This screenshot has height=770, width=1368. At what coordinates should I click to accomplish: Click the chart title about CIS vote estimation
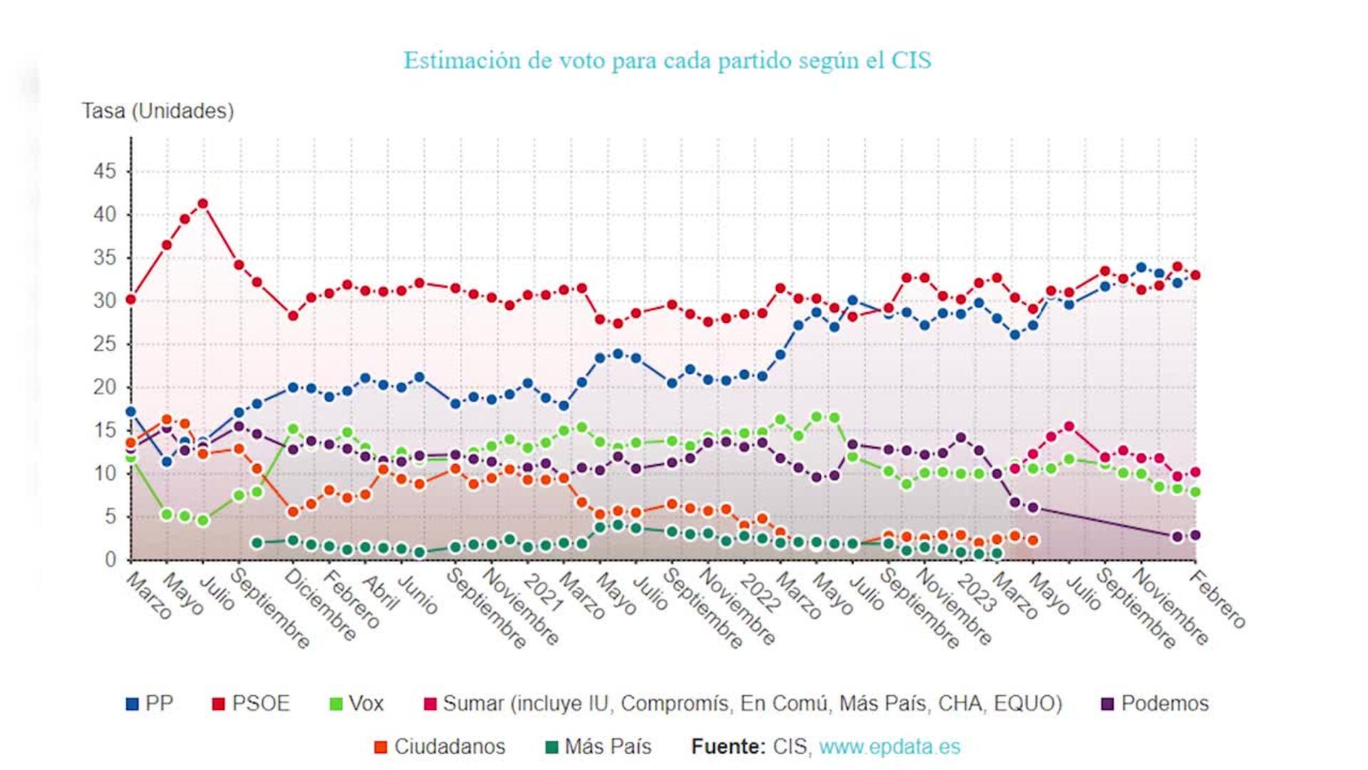click(667, 61)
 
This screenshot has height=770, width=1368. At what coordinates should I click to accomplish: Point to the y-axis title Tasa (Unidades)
click(157, 111)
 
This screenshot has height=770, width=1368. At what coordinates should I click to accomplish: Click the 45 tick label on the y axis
click(105, 171)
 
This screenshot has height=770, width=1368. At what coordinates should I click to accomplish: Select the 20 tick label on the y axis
click(105, 387)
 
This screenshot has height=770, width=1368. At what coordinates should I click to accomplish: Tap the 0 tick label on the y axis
click(110, 560)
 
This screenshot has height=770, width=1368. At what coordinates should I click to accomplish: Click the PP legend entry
click(150, 704)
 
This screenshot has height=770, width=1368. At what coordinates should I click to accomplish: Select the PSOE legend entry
click(252, 704)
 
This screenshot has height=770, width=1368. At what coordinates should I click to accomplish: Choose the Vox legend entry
click(357, 704)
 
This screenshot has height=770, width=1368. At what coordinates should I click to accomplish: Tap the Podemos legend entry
click(1155, 704)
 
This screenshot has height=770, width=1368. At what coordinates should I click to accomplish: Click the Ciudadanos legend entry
click(440, 746)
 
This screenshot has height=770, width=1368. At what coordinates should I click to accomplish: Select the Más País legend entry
click(598, 746)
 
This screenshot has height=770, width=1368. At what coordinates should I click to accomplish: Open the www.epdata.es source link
click(889, 746)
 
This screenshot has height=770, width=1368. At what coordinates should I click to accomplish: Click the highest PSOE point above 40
click(202, 204)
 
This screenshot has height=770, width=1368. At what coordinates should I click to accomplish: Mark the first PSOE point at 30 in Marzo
click(130, 299)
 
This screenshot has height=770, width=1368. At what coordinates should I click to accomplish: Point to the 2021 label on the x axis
click(543, 592)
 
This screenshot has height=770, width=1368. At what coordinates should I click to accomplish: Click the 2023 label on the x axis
click(975, 592)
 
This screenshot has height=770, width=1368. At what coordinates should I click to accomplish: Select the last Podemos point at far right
click(1196, 535)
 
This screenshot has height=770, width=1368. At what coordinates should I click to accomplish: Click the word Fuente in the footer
click(727, 746)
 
